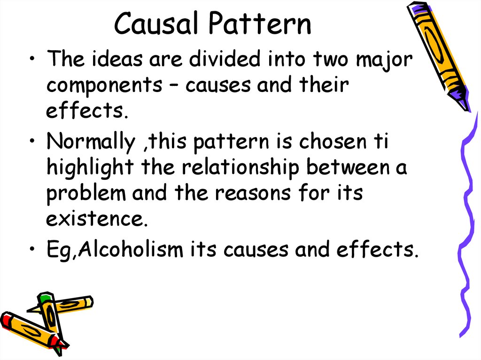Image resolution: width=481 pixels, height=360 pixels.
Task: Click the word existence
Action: click(94, 219)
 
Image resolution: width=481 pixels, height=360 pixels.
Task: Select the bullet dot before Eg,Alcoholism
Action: click(31, 250)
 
